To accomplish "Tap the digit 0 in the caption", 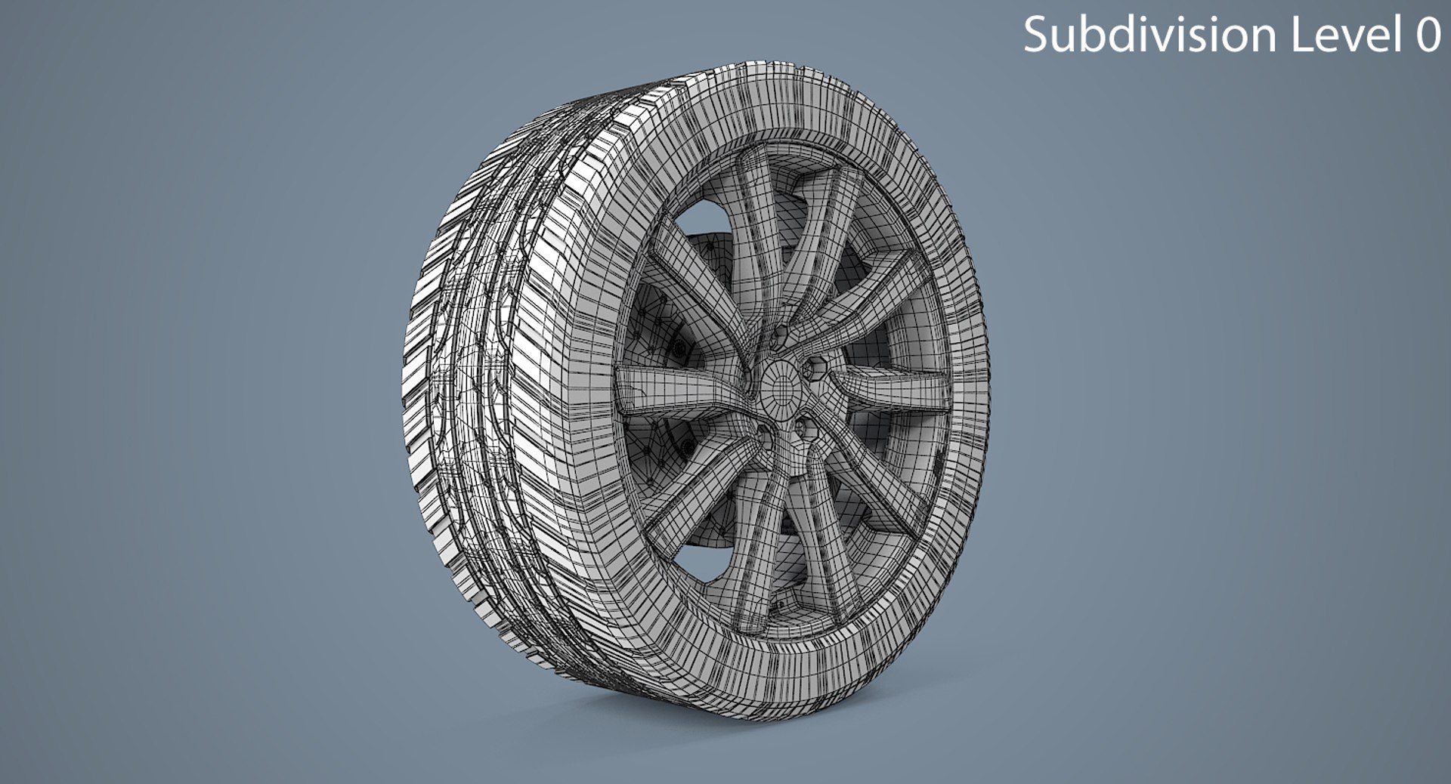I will point(1427,35).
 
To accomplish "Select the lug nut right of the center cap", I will point(816,370).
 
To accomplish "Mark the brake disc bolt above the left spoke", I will point(678,348).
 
